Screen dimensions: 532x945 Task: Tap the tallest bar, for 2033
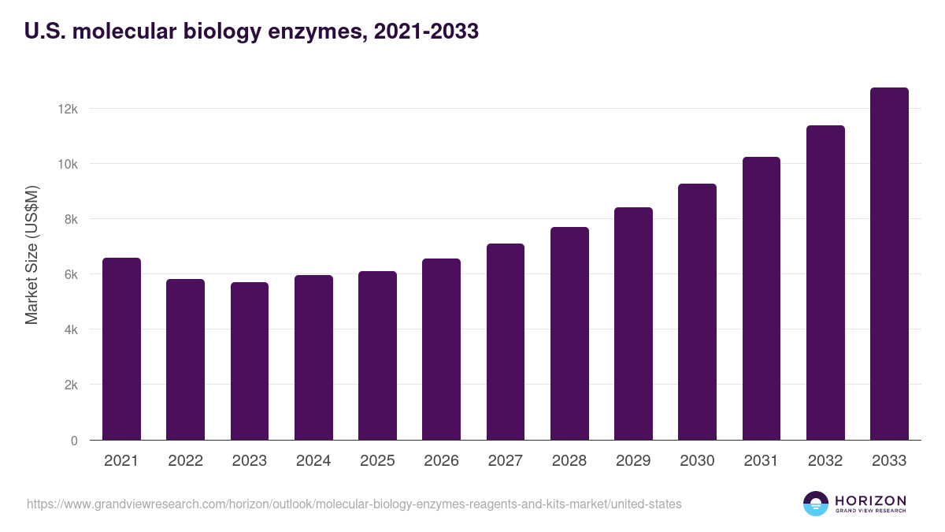(889, 264)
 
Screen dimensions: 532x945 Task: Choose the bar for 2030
(697, 312)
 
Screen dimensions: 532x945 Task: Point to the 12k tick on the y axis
(69, 109)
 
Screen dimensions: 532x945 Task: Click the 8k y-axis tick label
(71, 219)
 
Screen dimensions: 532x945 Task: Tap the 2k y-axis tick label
(71, 385)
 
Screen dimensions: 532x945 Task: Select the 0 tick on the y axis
(74, 441)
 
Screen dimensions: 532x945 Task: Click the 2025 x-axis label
(377, 461)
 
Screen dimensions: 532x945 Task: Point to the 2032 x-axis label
(825, 461)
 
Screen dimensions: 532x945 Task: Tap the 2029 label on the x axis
(633, 461)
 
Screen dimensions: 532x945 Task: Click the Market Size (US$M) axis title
(31, 255)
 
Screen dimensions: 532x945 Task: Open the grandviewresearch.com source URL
(354, 504)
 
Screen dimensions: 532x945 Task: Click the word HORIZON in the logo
(870, 500)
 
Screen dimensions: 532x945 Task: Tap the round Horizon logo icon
(816, 504)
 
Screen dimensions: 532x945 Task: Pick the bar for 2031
(762, 299)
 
